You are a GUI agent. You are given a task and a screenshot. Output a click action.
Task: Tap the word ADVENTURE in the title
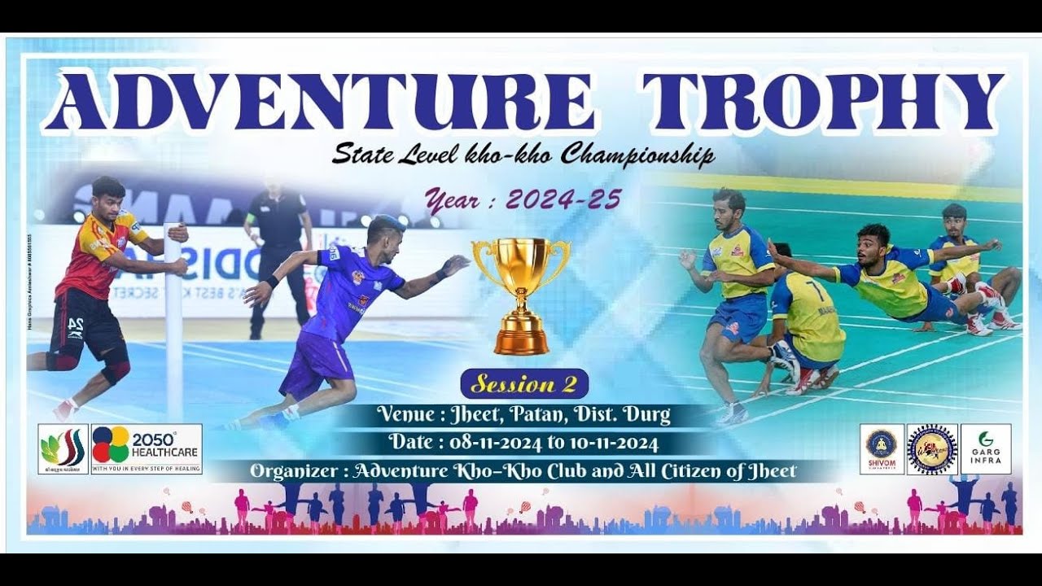[319, 103]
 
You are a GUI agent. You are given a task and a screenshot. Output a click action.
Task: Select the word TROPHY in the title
[822, 103]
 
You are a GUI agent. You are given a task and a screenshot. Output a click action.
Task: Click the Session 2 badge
[523, 383]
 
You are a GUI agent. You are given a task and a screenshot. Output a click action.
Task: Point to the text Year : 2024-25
[523, 199]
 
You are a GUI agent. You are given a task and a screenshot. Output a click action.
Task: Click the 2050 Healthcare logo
[147, 448]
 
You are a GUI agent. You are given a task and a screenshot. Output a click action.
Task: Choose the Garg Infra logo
[986, 448]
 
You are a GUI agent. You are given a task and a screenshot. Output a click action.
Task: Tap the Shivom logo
[882, 448]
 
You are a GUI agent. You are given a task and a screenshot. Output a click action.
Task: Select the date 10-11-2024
[618, 443]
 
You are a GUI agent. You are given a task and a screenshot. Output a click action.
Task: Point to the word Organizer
[296, 470]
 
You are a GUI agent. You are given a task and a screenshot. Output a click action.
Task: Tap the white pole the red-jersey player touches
[173, 326]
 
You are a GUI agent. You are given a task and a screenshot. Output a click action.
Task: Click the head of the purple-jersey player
[382, 234]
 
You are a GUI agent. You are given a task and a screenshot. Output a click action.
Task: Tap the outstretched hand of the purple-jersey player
[454, 265]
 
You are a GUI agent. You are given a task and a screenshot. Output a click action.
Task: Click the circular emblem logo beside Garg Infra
[932, 448]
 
